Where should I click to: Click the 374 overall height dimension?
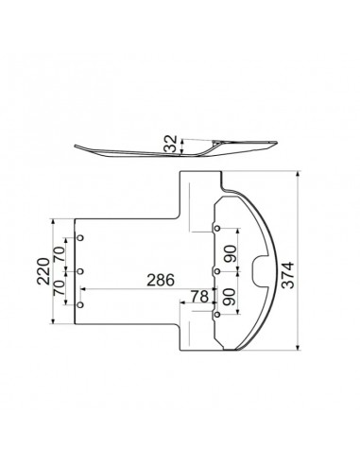[x=287, y=275]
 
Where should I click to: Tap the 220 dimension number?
[x=43, y=271]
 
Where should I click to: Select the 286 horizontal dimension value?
[x=161, y=280]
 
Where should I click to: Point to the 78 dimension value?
[x=199, y=297]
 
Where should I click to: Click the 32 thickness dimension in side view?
[x=172, y=144]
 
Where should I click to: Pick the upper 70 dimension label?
[x=59, y=253]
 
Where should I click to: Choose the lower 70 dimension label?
[x=59, y=287]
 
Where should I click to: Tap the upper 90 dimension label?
[x=231, y=254]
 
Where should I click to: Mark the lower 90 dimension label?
[x=231, y=297]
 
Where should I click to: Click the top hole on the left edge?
[x=80, y=238]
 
